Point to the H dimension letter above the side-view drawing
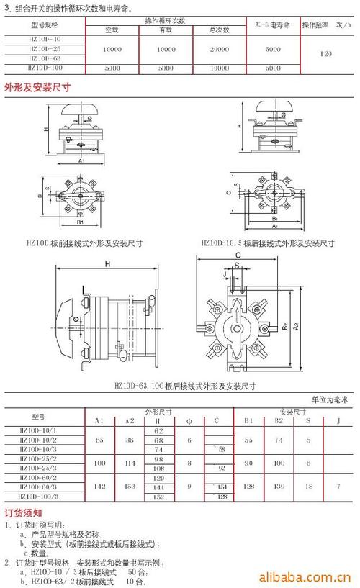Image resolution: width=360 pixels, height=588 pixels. (x=106, y=265)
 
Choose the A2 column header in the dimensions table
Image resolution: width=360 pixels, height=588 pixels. (x=130, y=420)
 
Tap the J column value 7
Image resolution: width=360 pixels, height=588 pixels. (x=339, y=487)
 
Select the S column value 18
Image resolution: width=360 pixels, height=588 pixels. (x=307, y=487)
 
